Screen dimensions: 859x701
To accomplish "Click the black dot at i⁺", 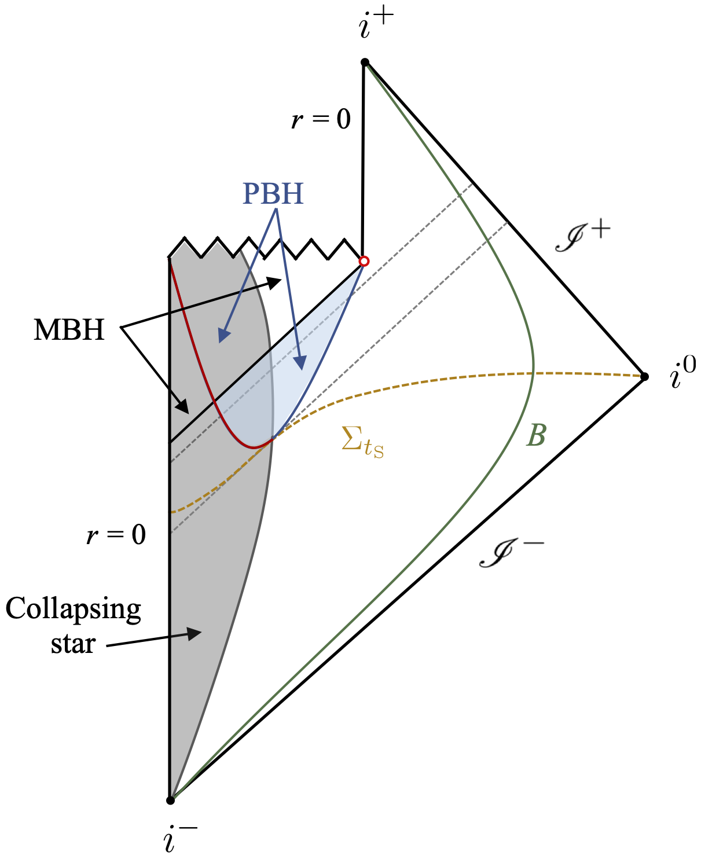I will [x=365, y=62].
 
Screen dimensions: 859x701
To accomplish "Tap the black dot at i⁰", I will [x=644, y=377].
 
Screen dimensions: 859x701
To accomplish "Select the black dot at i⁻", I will [x=170, y=801].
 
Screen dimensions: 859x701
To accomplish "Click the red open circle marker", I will [x=364, y=262].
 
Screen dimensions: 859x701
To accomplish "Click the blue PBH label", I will [x=273, y=194].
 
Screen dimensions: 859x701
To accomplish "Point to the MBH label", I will [x=69, y=331].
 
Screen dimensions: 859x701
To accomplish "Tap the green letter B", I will [x=536, y=435].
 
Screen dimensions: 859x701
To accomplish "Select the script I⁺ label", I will [x=582, y=236].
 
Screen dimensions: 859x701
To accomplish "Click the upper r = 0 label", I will [x=321, y=120].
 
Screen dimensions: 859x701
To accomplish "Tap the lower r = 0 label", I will [x=116, y=535].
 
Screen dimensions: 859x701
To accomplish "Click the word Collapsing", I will [x=74, y=610].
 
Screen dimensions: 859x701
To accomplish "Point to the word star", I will [x=73, y=644].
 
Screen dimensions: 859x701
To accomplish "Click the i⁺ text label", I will [x=376, y=24].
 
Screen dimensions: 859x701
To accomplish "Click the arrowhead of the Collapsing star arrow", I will [x=194, y=633].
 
